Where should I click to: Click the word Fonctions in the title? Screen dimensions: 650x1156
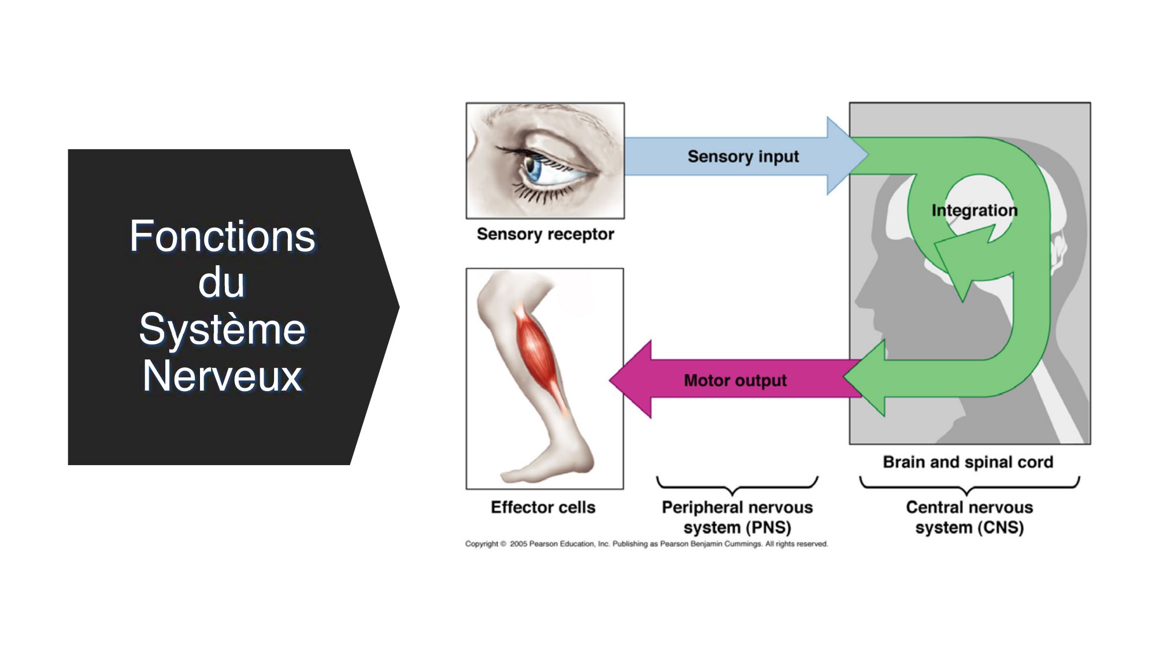click(222, 237)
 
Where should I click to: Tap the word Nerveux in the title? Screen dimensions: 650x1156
click(223, 376)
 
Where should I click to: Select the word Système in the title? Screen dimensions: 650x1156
click(223, 329)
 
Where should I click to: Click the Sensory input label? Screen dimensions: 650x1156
click(743, 157)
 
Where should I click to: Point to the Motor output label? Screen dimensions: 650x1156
click(735, 381)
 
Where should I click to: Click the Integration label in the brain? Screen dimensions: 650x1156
click(974, 210)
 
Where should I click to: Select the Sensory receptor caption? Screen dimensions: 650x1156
click(545, 234)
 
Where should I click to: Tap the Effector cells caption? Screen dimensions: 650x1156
click(543, 507)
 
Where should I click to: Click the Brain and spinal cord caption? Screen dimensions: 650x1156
click(968, 462)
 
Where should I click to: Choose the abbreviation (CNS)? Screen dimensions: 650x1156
click(1002, 528)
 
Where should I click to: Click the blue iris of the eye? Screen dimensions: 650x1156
click(532, 168)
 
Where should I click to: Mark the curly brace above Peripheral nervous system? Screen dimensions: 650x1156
click(737, 485)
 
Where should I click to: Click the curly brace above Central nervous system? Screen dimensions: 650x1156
click(969, 486)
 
